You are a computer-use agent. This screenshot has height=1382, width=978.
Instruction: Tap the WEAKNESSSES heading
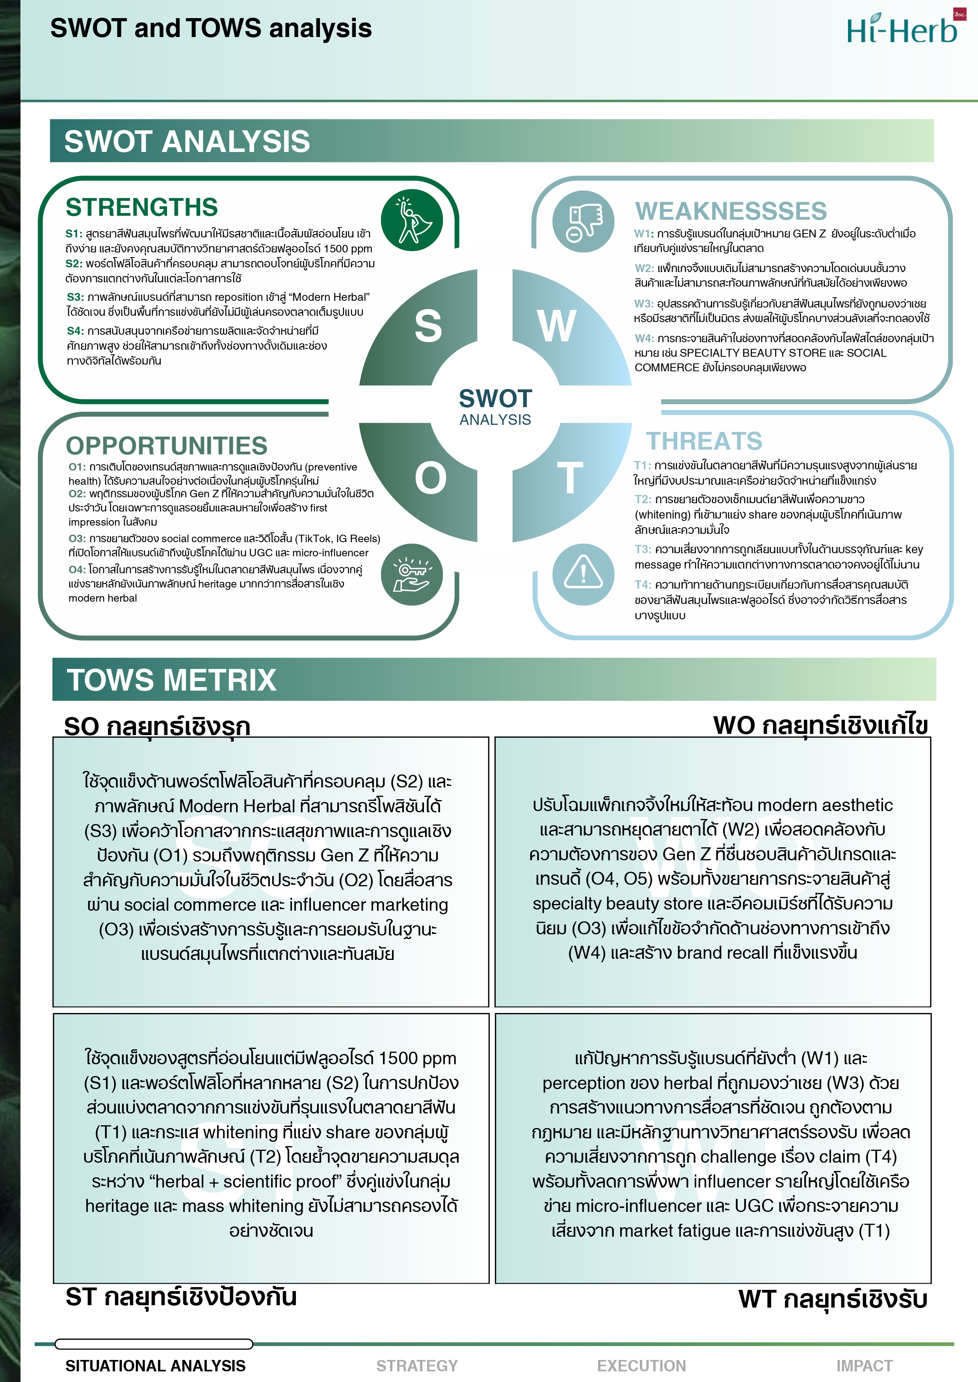click(731, 211)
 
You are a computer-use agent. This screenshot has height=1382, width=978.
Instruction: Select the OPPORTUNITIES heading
click(166, 445)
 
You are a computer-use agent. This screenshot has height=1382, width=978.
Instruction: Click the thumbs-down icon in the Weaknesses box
click(583, 221)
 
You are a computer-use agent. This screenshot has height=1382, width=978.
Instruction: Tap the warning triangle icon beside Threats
click(583, 574)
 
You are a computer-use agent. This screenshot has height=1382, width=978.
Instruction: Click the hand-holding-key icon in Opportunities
click(411, 574)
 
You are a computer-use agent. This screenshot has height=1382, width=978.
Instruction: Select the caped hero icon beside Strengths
click(411, 220)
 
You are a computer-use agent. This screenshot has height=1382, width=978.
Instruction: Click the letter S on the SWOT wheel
click(428, 326)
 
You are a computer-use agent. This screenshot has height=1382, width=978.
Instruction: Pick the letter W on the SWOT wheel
click(557, 326)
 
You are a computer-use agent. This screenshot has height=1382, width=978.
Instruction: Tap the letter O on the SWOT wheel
click(430, 478)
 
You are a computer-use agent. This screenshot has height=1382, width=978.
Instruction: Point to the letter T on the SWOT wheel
click(569, 478)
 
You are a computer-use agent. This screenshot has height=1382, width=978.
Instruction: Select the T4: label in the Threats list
click(643, 584)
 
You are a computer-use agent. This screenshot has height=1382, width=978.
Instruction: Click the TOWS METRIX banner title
click(172, 680)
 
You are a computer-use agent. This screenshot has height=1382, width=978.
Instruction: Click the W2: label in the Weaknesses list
click(644, 268)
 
